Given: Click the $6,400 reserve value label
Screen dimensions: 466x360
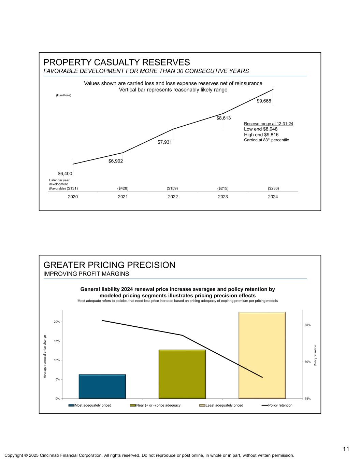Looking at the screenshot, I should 65,173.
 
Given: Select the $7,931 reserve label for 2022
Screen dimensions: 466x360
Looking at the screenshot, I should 164,142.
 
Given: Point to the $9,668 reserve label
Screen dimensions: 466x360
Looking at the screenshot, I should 264,101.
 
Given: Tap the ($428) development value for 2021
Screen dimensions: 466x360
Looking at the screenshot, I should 123,188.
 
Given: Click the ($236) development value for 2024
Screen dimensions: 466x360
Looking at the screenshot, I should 273,188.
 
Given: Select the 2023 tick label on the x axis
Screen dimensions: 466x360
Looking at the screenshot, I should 223,197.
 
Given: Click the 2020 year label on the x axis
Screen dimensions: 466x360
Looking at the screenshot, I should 73,197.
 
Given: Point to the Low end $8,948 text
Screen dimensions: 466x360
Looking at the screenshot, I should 261,129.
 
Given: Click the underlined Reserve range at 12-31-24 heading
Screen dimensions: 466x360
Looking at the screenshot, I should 269,124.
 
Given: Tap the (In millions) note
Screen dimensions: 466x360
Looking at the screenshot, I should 63,95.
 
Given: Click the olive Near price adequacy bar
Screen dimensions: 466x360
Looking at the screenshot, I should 182,374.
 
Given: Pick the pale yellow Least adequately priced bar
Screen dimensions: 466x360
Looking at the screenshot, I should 262,355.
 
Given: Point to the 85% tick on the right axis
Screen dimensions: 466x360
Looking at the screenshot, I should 308,325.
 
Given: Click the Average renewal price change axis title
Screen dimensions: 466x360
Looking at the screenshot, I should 45,356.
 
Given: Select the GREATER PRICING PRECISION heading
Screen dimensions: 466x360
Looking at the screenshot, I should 109,265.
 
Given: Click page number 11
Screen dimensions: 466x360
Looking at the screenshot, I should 346,449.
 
